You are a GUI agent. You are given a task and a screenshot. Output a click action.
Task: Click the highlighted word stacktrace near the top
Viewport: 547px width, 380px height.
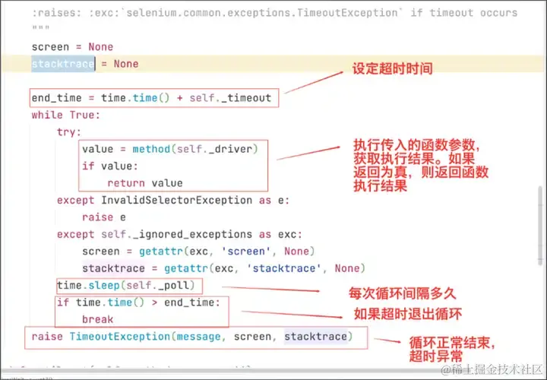point(63,65)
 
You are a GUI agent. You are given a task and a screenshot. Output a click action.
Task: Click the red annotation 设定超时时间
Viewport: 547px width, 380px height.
point(392,69)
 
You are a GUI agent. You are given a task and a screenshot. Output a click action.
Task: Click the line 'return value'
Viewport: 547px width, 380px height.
point(144,183)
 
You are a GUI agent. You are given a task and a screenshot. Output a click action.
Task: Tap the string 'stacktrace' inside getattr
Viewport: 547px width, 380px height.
point(289,268)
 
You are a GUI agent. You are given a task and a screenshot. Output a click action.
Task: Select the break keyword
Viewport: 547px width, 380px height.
point(97,319)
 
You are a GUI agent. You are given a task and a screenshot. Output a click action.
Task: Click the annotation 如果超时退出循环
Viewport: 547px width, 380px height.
point(405,313)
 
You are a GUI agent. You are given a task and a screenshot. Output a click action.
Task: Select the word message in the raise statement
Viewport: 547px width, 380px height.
point(200,337)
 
